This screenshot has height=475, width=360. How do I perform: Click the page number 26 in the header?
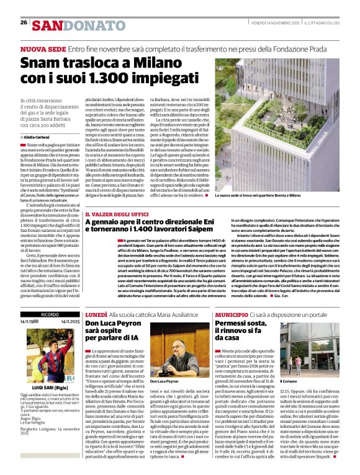point(24,22)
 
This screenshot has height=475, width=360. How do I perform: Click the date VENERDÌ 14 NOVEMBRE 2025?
point(277,22)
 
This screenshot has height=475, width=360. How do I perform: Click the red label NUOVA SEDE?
point(43,48)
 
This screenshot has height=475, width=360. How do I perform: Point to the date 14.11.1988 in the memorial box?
point(30,322)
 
